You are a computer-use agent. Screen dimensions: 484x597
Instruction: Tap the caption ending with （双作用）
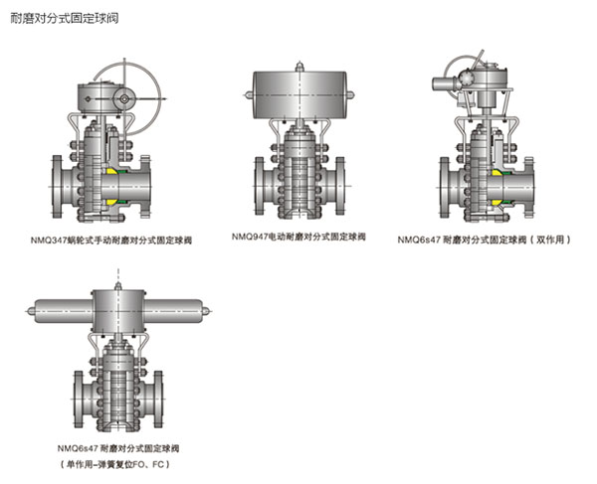click(x=484, y=240)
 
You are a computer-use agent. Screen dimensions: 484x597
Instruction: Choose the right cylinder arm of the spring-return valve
click(x=179, y=309)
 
